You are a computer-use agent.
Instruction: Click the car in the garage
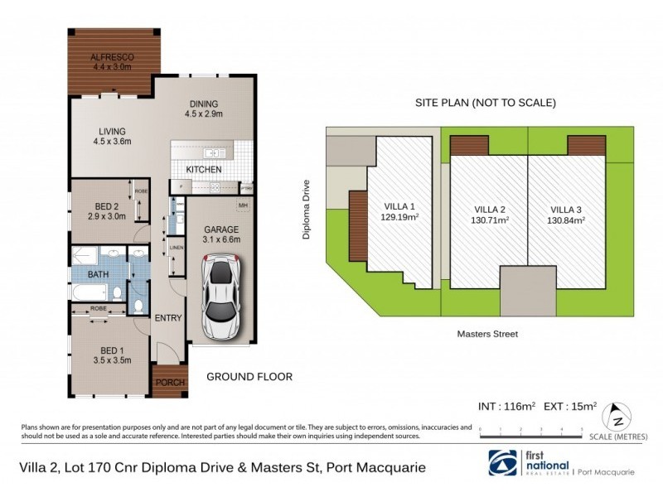pos(221,299)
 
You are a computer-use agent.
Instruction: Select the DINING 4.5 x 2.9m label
pos(204,107)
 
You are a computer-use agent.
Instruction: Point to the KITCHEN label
pos(203,169)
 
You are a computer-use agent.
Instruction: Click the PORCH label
pos(168,383)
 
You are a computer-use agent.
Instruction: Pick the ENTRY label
pos(168,317)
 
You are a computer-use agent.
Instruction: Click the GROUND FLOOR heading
pos(249,376)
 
